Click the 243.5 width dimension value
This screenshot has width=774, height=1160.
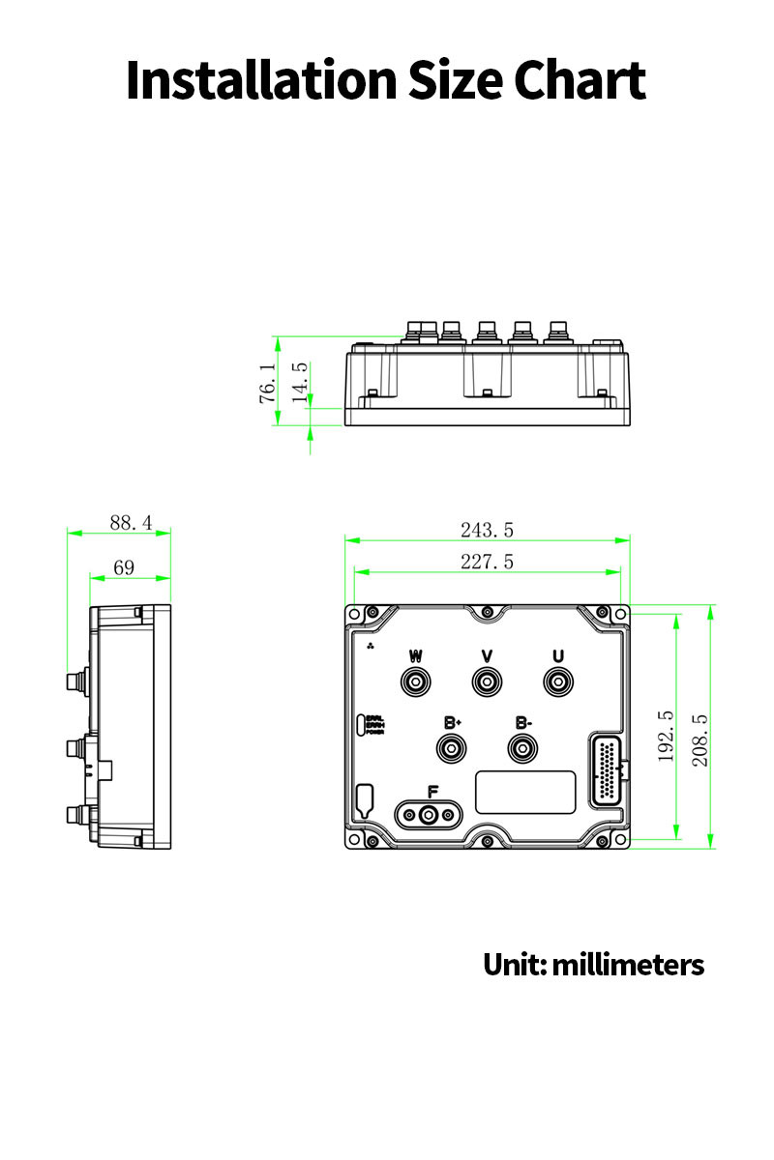(487, 530)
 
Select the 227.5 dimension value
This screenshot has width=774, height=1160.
(487, 562)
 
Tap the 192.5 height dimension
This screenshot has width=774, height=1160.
(667, 737)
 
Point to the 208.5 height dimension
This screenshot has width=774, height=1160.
(700, 740)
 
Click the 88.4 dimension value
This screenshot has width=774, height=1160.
(131, 522)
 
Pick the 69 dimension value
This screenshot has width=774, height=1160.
(124, 567)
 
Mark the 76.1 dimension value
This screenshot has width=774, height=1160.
(267, 383)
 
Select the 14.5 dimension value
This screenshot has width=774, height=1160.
(300, 378)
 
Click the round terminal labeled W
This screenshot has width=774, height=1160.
(416, 683)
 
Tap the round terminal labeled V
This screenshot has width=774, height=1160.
(487, 683)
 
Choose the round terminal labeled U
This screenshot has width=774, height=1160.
(557, 683)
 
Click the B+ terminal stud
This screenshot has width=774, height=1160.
(452, 749)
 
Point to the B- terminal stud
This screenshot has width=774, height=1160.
(523, 749)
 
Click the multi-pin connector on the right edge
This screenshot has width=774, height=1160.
(606, 772)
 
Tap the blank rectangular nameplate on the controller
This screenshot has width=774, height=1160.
(525, 792)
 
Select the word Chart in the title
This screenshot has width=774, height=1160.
(580, 80)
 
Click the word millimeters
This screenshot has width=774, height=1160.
(628, 964)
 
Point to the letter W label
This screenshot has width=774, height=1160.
(416, 656)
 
